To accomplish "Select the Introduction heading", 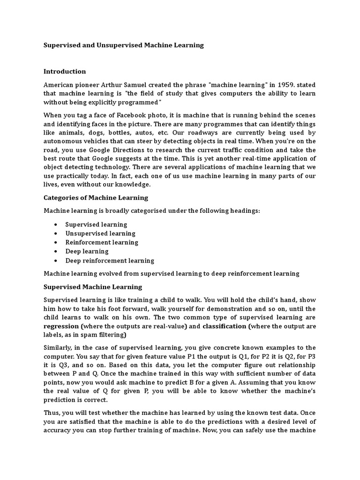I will [65, 71].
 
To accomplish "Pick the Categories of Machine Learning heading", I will [96, 198].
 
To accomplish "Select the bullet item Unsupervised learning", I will [100, 233].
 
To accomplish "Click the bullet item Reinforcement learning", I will [102, 242].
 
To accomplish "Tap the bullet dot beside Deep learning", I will [56, 252].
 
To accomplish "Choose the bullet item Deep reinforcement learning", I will [110, 261].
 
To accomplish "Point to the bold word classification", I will [224, 326].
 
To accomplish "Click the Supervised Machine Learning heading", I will [93, 287].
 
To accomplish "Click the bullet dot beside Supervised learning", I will [56, 225].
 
